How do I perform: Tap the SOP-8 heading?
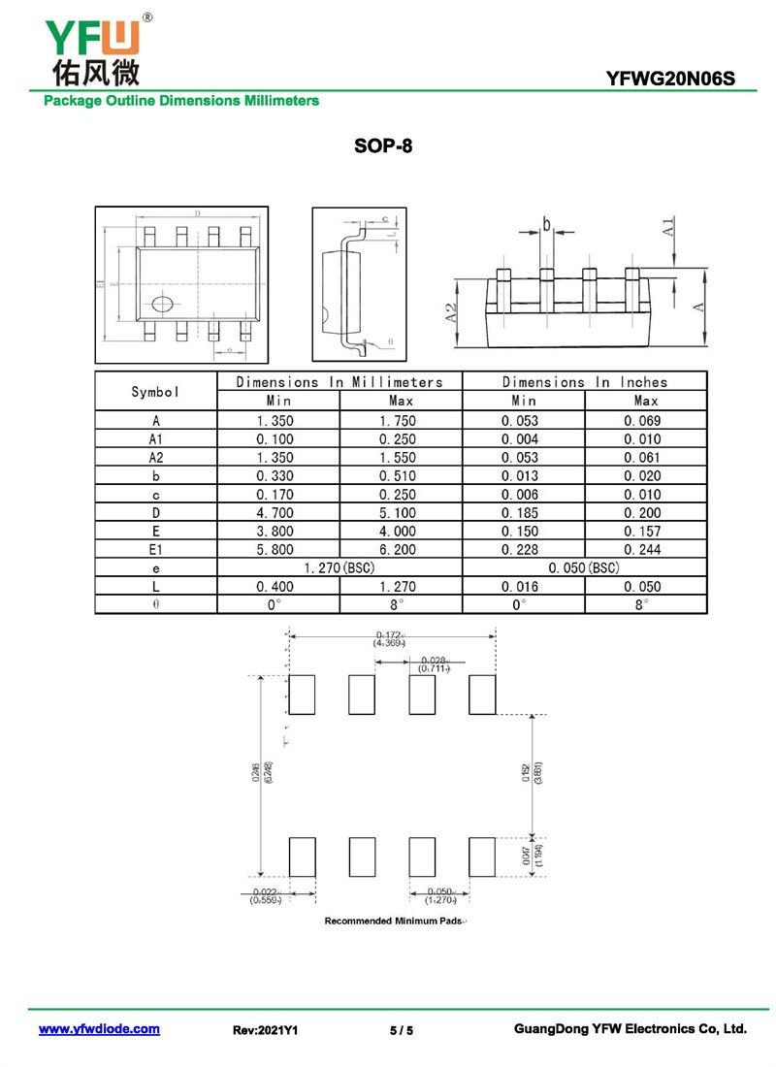click(x=384, y=147)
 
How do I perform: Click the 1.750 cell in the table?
click(x=402, y=421)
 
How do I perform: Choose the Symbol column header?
click(x=155, y=392)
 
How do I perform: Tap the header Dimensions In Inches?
click(x=584, y=382)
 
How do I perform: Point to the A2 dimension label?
click(x=450, y=312)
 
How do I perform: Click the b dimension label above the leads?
click(x=546, y=225)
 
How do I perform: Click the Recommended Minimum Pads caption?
click(x=393, y=921)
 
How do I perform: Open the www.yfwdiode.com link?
click(x=99, y=1029)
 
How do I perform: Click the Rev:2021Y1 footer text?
click(x=266, y=1030)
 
